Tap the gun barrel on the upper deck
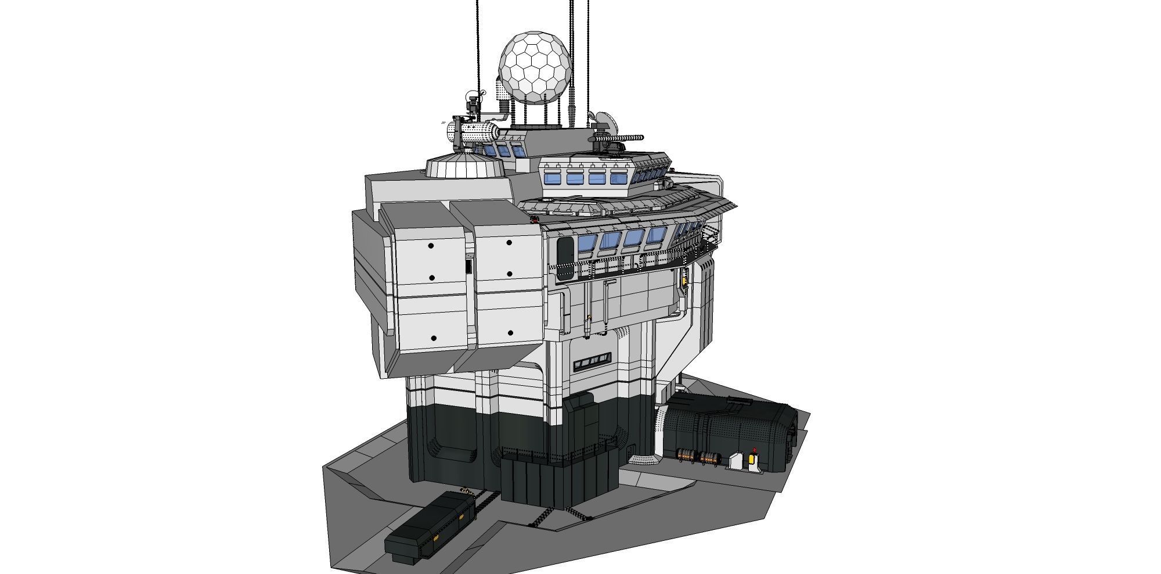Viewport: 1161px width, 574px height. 630,138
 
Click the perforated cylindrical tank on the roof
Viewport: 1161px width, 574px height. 473,133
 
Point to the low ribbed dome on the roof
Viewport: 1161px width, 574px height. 464,166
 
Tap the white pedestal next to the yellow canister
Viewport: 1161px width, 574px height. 735,461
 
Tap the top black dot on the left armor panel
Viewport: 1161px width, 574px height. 431,246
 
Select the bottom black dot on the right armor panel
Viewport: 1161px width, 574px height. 510,333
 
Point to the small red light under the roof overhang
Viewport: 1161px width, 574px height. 534,219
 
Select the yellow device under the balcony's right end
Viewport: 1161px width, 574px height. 685,281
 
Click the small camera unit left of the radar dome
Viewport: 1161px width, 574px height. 473,105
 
